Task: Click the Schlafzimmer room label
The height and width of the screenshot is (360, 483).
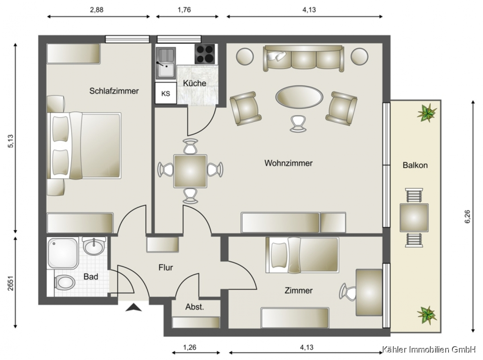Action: [114, 91]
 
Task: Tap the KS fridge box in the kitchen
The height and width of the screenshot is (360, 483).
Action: [166, 93]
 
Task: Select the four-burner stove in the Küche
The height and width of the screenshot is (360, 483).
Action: [204, 54]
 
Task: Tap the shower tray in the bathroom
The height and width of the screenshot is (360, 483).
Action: [63, 253]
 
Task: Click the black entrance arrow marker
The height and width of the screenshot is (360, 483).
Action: [134, 307]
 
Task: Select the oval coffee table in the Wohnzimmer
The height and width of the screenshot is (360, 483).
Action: [299, 97]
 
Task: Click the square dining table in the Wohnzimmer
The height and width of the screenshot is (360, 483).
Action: [190, 171]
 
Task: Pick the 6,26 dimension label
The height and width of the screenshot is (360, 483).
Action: [467, 217]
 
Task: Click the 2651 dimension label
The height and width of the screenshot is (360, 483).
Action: [11, 283]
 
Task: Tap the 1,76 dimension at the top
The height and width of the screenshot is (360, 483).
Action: [184, 10]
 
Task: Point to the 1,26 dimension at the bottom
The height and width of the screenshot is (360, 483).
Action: [190, 347]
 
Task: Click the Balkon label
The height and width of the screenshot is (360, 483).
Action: [415, 165]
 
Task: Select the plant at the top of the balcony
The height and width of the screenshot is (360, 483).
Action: [427, 113]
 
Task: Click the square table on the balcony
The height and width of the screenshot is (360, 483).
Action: [414, 218]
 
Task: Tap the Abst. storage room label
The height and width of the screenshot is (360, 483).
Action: [195, 307]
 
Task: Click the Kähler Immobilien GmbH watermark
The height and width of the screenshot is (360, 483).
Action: [429, 349]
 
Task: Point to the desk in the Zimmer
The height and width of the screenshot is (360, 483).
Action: [369, 292]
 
